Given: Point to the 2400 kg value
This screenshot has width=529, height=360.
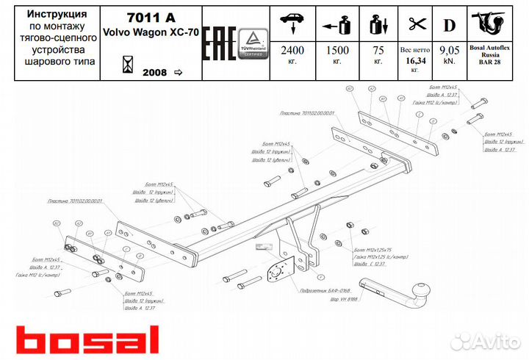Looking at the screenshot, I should click(x=292, y=52).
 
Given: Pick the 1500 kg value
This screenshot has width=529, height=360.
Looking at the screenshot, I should click(x=337, y=52).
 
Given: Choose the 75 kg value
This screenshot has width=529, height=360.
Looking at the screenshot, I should click(x=378, y=52).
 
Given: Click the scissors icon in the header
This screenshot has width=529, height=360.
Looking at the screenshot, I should click(x=416, y=24).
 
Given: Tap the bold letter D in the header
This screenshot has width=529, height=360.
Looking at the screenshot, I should click(x=448, y=24).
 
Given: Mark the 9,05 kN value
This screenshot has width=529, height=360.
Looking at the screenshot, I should click(x=449, y=52).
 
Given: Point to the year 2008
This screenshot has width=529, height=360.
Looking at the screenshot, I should click(x=154, y=73).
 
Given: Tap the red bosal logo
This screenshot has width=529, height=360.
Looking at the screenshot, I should click(x=87, y=339).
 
